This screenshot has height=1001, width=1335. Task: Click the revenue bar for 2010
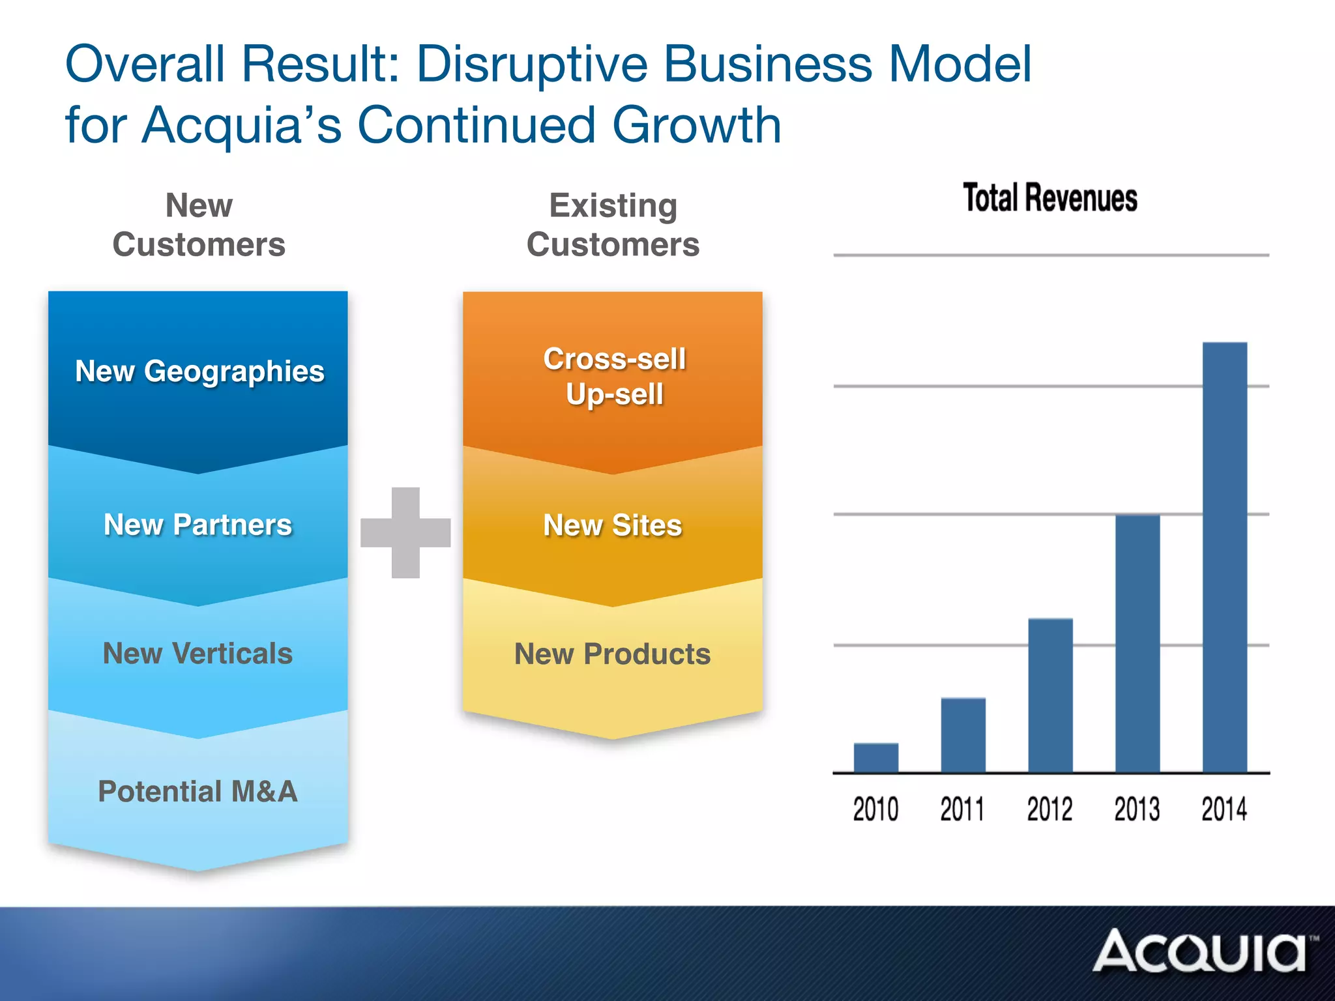coord(876,757)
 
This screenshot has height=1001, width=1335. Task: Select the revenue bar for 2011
coord(963,735)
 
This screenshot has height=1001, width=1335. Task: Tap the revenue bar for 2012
coord(1050,695)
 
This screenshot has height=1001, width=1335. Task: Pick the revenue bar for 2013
coord(1137,643)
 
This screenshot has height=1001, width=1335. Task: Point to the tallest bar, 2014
coord(1225,557)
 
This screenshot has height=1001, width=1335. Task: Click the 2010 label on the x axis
coord(875,809)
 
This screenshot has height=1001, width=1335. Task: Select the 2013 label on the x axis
coord(1137,809)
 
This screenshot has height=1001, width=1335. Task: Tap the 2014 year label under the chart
coord(1224,809)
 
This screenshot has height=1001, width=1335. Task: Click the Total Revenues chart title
coord(1050,198)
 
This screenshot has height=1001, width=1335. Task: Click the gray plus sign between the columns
coord(405,532)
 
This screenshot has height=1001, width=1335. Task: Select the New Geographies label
coord(199,371)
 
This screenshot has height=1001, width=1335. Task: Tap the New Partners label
coord(198,525)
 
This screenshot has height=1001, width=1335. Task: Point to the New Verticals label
coord(198,653)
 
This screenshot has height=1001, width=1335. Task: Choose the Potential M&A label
coord(198,791)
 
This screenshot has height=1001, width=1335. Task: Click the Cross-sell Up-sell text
coord(615,377)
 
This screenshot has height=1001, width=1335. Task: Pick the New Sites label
coord(613,525)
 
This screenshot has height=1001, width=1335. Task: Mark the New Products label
coord(613,654)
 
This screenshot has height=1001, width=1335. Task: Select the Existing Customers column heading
coord(613,225)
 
